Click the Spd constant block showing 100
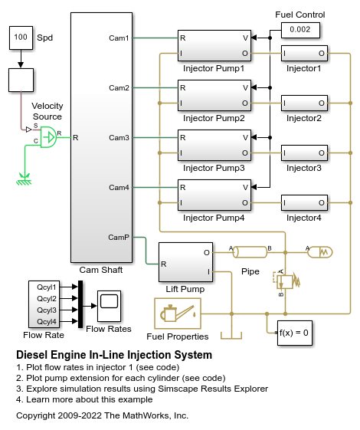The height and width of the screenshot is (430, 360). click(21, 38)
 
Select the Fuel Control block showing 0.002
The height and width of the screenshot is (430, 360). click(300, 30)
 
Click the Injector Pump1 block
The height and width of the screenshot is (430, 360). click(214, 45)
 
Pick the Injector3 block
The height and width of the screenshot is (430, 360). click(304, 153)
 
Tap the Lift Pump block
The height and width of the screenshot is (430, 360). click(185, 262)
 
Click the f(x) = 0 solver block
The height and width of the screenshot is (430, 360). click(295, 333)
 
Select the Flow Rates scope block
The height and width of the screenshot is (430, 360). click(109, 306)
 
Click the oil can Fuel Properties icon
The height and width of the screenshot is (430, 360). click(178, 313)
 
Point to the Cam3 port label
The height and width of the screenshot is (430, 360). click(119, 138)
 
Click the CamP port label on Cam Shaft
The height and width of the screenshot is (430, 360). click(119, 237)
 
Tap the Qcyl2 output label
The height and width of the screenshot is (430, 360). click(47, 299)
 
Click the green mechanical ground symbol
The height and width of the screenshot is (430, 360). click(24, 179)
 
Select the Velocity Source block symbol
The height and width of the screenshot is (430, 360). click(48, 137)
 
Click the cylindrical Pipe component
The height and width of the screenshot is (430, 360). click(250, 252)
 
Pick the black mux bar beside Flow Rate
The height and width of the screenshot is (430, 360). click(80, 304)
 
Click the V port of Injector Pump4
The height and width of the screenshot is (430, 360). click(245, 188)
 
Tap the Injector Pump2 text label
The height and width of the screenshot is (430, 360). click(214, 119)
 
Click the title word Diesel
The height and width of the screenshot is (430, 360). click(31, 355)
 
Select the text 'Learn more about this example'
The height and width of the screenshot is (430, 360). click(90, 399)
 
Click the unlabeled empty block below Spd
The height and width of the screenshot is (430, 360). click(21, 80)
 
